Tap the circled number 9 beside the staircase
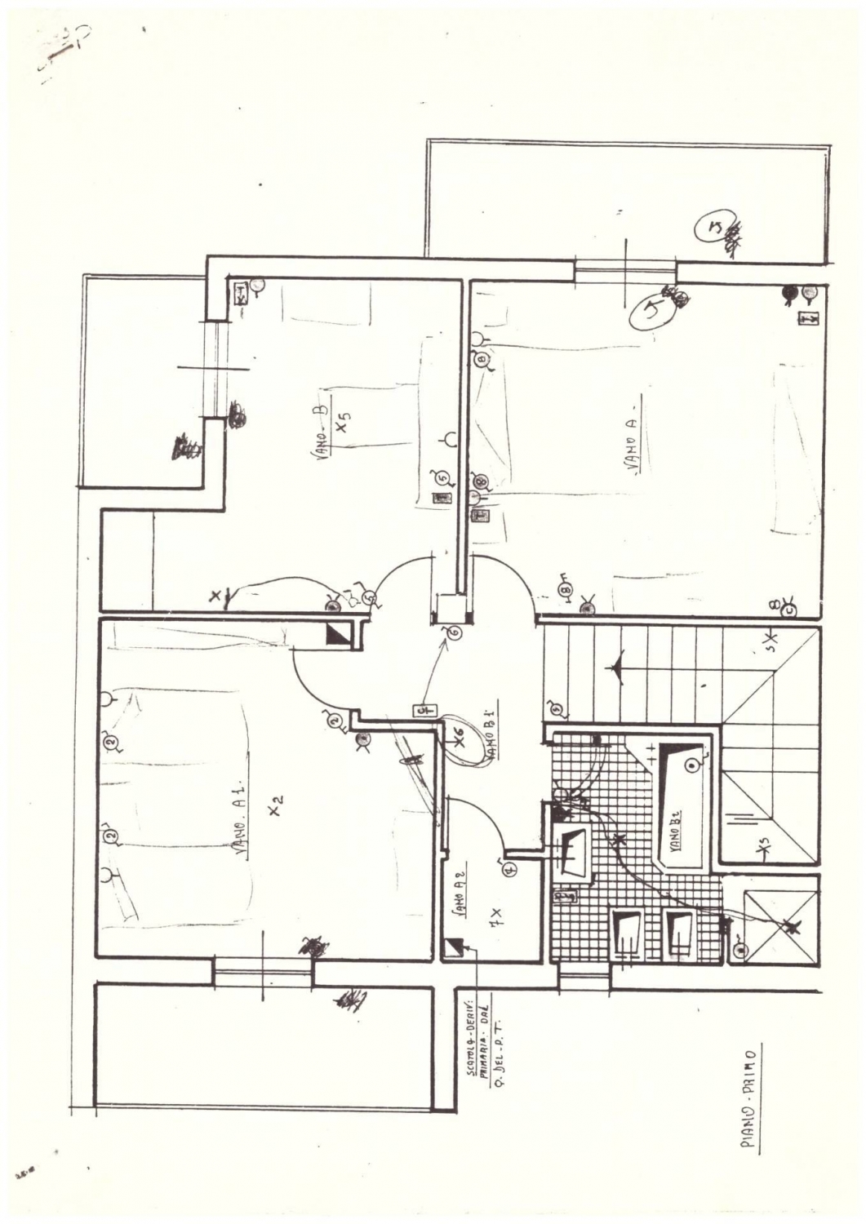556,707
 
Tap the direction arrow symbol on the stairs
618,665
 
